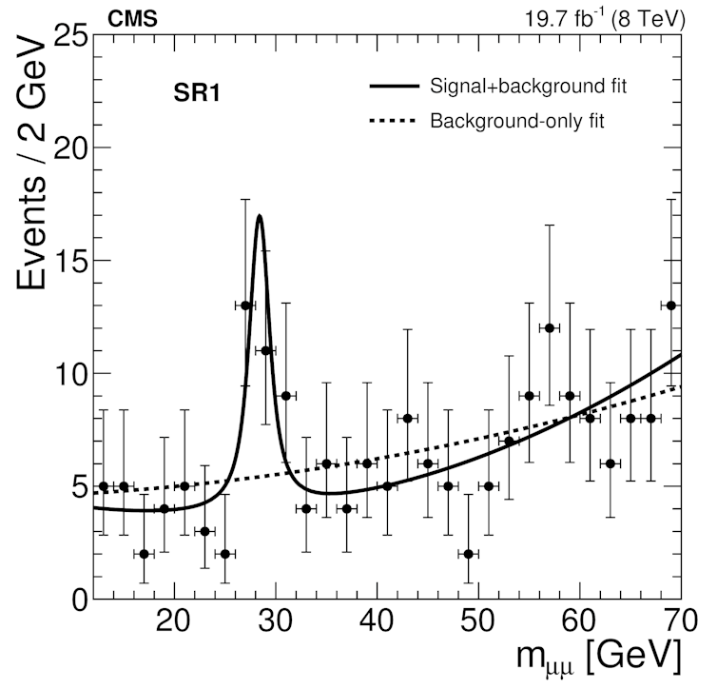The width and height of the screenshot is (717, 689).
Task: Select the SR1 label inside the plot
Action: coord(198,94)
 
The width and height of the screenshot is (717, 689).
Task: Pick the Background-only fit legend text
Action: coord(517,121)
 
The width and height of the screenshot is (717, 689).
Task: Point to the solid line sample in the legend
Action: coord(394,87)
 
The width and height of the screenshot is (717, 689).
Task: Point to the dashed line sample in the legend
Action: coord(394,121)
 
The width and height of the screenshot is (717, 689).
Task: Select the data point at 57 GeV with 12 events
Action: coord(549,327)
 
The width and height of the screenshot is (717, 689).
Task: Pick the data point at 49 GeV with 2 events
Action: coord(468,553)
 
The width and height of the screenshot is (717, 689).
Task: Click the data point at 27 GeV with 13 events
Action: coord(245,305)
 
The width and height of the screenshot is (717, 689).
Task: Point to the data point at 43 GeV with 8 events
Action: coord(407,418)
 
